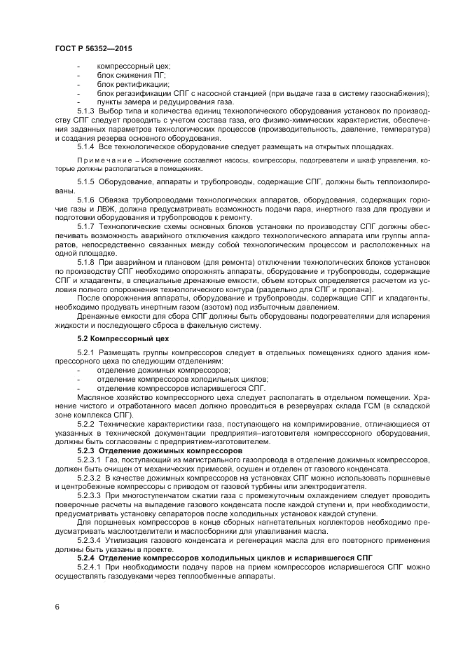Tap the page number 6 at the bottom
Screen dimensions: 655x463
[57, 607]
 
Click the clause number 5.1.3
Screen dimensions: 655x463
[85, 111]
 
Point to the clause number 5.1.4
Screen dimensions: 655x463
[85, 146]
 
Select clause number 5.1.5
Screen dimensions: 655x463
[85, 181]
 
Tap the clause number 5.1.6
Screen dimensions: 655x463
[85, 199]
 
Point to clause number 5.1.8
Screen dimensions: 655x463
[85, 261]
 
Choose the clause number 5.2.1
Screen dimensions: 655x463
[85, 352]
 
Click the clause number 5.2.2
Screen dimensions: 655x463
[85, 422]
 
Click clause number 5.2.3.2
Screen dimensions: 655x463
[88, 476]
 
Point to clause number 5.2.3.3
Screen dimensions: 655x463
[88, 495]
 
